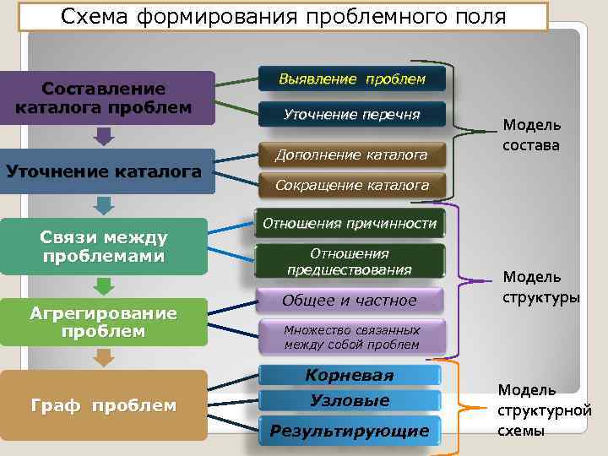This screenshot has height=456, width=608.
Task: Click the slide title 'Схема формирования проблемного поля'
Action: coord(285,16)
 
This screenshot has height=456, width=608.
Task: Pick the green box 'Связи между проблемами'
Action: coord(104,247)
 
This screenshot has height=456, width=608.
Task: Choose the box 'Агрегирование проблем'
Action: coord(104,322)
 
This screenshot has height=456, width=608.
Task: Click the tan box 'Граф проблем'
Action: coord(104,406)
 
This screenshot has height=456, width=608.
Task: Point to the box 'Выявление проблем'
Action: coord(352,80)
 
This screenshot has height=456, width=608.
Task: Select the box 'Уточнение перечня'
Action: coord(352,114)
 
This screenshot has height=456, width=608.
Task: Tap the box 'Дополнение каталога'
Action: coord(351,155)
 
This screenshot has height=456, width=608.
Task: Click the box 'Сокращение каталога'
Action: coord(351,185)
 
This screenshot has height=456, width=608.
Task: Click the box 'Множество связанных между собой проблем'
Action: coord(351,337)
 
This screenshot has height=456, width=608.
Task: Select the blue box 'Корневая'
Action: coord(350,375)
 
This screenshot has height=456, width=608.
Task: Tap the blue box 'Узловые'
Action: coord(350,401)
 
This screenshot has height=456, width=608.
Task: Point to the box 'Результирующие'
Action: coord(350,432)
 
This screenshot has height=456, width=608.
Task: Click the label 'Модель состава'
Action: coord(531,135)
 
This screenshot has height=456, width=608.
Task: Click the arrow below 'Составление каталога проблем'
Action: coord(104,136)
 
